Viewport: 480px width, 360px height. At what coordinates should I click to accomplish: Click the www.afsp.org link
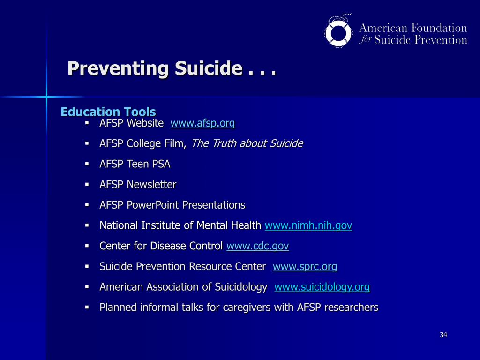tap(202, 123)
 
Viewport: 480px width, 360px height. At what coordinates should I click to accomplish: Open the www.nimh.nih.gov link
tap(308, 225)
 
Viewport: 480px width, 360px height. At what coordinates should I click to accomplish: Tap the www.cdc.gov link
tap(257, 246)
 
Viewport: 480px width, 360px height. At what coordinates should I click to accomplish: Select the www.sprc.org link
tap(305, 267)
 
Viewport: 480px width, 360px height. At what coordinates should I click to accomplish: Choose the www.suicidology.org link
tap(322, 287)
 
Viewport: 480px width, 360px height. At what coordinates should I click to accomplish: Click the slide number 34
tap(443, 335)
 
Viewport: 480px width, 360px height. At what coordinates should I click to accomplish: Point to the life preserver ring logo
tap(339, 31)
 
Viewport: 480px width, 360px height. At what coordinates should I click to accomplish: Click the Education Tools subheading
tap(108, 112)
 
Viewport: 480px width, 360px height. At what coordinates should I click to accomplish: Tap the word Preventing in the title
tap(118, 68)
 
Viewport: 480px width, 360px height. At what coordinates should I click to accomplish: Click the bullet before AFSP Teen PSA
tap(87, 164)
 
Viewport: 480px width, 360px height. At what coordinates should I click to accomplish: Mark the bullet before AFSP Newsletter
tap(87, 184)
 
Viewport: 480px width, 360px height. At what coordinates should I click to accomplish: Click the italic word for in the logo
tap(366, 40)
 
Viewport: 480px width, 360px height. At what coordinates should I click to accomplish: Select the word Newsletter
tap(152, 185)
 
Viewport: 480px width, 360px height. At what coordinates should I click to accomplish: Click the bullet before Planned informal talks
tap(87, 307)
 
